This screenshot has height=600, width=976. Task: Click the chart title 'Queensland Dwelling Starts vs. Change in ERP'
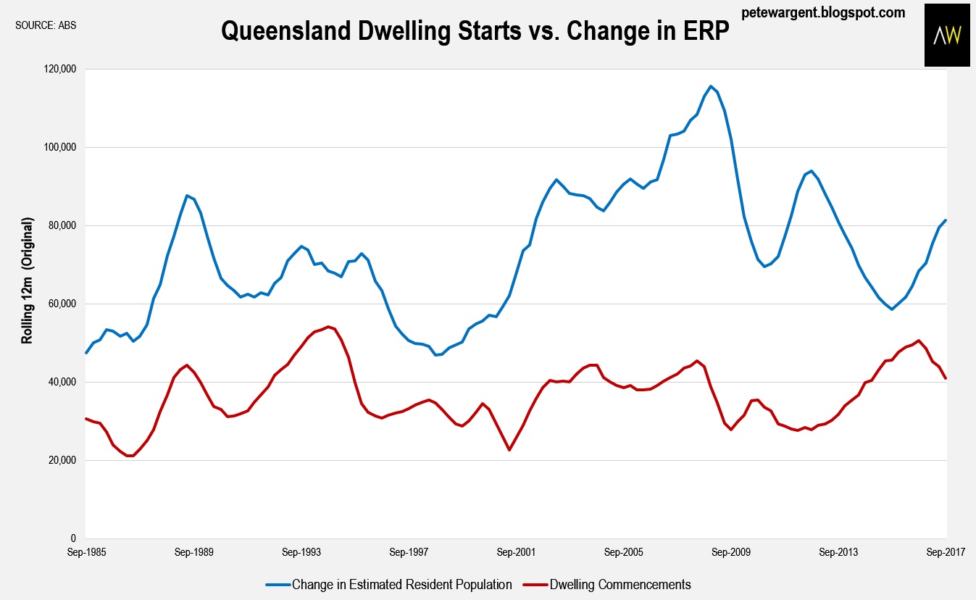(475, 31)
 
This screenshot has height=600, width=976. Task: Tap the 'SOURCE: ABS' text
(46, 25)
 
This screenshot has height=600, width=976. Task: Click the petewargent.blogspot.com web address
(823, 12)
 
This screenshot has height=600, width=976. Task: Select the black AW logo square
(947, 36)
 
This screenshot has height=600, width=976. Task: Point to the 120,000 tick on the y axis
(59, 69)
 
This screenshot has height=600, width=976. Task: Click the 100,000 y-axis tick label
(59, 147)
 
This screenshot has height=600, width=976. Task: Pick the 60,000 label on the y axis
(62, 304)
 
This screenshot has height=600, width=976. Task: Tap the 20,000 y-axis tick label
(62, 460)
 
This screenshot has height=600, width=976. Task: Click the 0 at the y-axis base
(73, 538)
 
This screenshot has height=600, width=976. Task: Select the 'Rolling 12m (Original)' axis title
(27, 280)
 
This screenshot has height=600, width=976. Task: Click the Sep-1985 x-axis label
(86, 552)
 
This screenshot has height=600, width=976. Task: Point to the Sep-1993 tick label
(301, 552)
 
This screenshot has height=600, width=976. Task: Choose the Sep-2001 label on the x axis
(517, 552)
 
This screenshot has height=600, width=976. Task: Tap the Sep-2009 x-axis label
(731, 552)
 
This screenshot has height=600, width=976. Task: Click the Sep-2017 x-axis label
(946, 552)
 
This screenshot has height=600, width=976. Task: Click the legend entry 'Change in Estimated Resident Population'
(388, 584)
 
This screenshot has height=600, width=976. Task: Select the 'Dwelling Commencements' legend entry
(607, 584)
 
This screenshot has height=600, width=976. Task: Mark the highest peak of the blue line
(711, 86)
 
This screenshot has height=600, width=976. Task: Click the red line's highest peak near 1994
(328, 326)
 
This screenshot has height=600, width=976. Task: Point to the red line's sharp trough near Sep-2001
(509, 450)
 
